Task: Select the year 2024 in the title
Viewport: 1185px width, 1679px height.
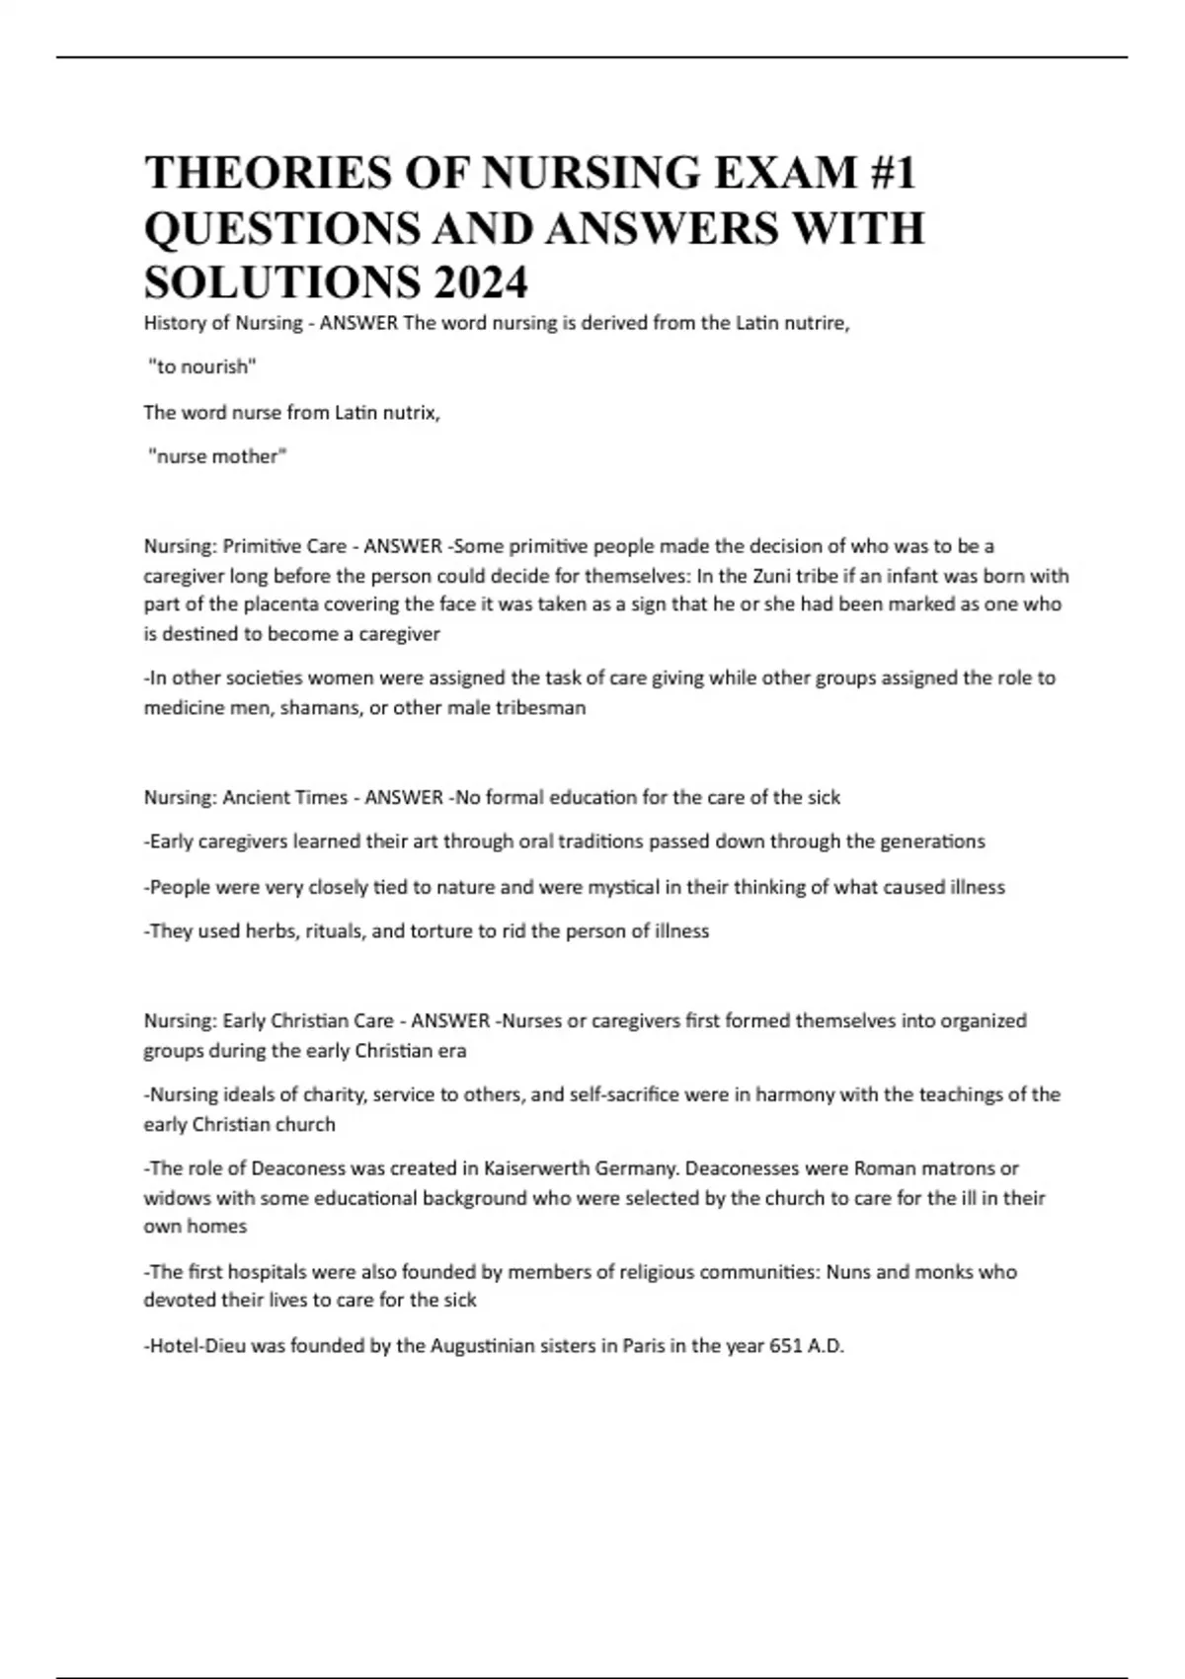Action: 479,283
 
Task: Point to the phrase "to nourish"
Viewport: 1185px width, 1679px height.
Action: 201,367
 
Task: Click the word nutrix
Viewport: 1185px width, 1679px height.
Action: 411,412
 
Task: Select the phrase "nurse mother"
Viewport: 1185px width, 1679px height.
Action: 216,456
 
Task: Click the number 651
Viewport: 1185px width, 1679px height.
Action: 787,1346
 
